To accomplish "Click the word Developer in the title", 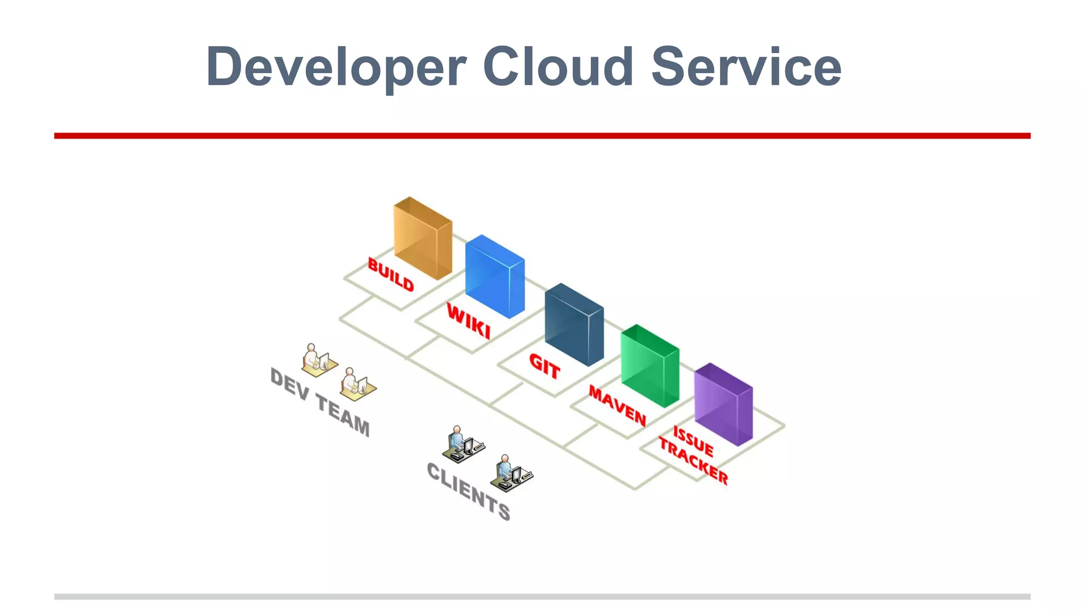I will [x=336, y=67].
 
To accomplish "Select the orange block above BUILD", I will [x=423, y=239].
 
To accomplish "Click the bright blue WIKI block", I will [x=495, y=277].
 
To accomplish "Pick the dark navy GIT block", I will [x=574, y=325].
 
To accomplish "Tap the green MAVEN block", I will [x=650, y=366].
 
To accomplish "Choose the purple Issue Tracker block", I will [x=723, y=405].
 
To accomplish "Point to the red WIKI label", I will [x=468, y=321].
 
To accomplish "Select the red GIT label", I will [x=545, y=366].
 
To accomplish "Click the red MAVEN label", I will [x=617, y=406].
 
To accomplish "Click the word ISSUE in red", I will [x=693, y=441].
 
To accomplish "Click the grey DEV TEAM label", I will [x=320, y=402].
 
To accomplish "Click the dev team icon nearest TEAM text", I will [x=357, y=385].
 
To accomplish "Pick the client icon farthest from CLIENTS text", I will [x=463, y=443].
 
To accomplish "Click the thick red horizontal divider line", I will [x=542, y=136].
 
